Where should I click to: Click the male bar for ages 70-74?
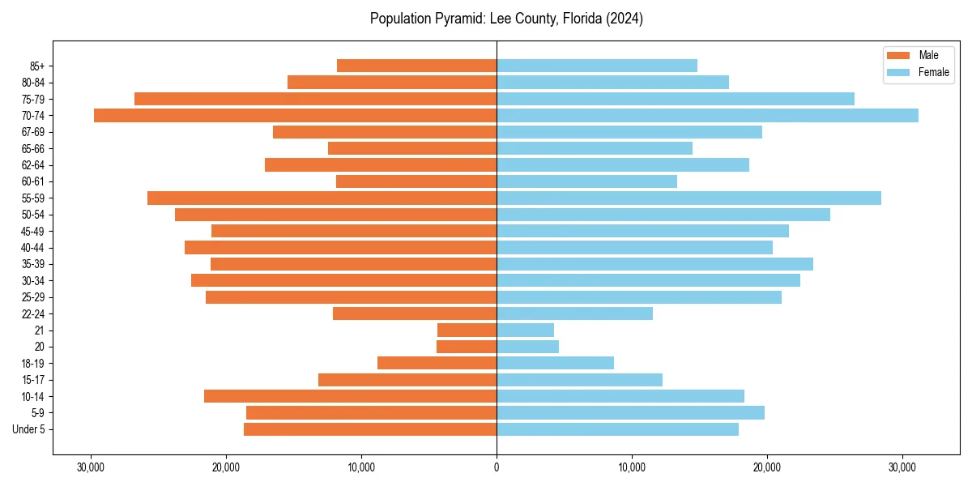pyautogui.click(x=296, y=116)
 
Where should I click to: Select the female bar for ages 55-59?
pyautogui.click(x=688, y=198)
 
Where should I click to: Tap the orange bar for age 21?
pyautogui.click(x=467, y=330)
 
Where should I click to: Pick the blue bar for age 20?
pyautogui.click(x=527, y=347)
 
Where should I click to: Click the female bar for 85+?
pyautogui.click(x=597, y=66)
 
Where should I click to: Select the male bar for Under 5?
pyautogui.click(x=370, y=429)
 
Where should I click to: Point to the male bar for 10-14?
pyautogui.click(x=350, y=396)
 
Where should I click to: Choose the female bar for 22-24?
pyautogui.click(x=574, y=313)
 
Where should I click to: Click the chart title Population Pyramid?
pyautogui.click(x=506, y=19)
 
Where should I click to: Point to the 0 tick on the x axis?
pyautogui.click(x=497, y=467)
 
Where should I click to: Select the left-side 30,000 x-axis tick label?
pyautogui.click(x=91, y=467)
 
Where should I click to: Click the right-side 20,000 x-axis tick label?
pyautogui.click(x=767, y=467)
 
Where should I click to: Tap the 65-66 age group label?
pyautogui.click(x=33, y=149)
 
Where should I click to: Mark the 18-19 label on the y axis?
pyautogui.click(x=33, y=364)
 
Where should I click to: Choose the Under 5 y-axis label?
pyautogui.click(x=28, y=429)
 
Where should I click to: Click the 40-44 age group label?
pyautogui.click(x=33, y=248)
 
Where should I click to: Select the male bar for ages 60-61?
pyautogui.click(x=416, y=181)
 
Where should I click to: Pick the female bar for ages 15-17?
pyautogui.click(x=579, y=380)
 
